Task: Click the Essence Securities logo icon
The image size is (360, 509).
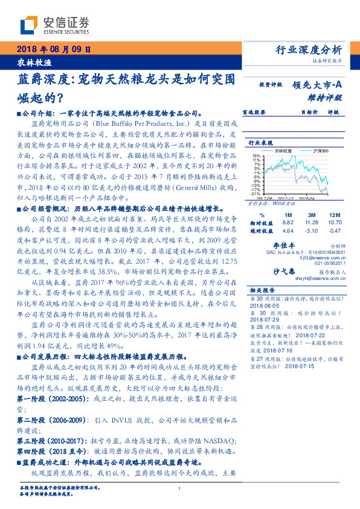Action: pyautogui.click(x=28, y=25)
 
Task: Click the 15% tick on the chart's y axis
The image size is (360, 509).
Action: pyautogui.click(x=257, y=155)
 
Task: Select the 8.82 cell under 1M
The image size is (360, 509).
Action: pyautogui.click(x=288, y=222)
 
